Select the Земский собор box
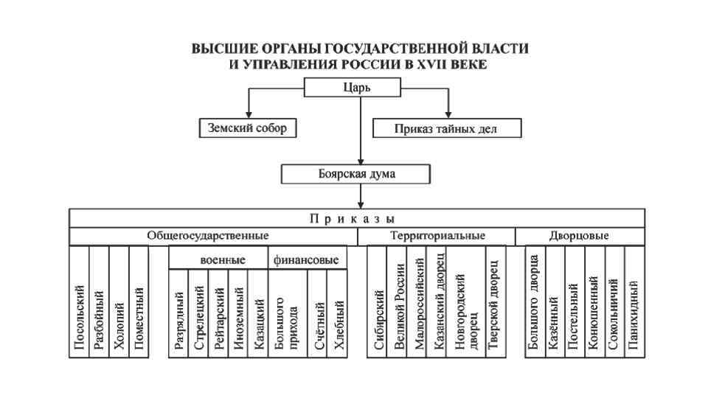point(243,128)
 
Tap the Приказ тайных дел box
point(447,128)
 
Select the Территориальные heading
point(437,236)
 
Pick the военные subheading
point(218,259)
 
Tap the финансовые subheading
point(306,259)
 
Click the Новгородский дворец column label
point(466,310)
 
